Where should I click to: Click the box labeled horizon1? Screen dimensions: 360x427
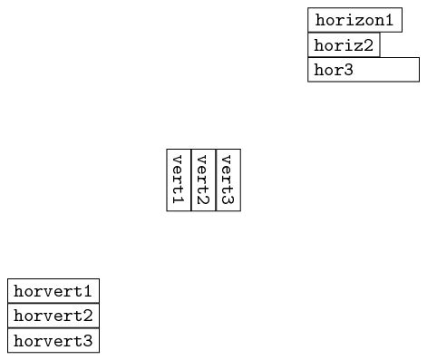(x=354, y=20)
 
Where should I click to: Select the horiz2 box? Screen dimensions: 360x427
(x=344, y=44)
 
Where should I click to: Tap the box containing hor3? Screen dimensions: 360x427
(x=364, y=70)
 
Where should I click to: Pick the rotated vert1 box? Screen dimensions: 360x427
(x=179, y=180)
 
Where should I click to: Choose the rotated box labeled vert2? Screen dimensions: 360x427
(x=203, y=180)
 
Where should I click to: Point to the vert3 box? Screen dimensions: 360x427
(x=228, y=180)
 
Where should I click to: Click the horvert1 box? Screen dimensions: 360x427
(x=53, y=291)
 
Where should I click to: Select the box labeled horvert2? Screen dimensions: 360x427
(x=53, y=316)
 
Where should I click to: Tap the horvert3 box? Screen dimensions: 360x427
(x=53, y=341)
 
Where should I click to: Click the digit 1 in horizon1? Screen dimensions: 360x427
(x=389, y=20)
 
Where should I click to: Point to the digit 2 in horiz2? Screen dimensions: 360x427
(x=368, y=44)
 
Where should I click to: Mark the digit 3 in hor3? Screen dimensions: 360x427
(x=347, y=70)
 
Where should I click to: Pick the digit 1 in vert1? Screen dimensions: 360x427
(x=179, y=199)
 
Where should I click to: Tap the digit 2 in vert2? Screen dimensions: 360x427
(x=203, y=199)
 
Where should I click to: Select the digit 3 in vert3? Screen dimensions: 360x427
(x=228, y=199)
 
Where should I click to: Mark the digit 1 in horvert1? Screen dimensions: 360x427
(x=87, y=291)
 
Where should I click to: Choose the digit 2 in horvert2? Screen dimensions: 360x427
(x=87, y=316)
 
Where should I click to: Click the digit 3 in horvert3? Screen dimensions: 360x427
(x=87, y=341)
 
